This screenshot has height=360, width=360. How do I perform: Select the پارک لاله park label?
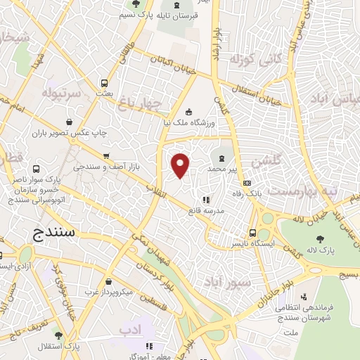[321, 250]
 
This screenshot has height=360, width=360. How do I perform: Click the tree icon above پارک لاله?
[321, 238]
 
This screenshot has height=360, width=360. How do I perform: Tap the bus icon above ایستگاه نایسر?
[252, 233]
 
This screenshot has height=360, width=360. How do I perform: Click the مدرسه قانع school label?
[205, 210]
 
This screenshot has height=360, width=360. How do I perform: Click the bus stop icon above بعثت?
[104, 82]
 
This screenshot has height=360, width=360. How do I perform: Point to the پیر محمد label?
[224, 169]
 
